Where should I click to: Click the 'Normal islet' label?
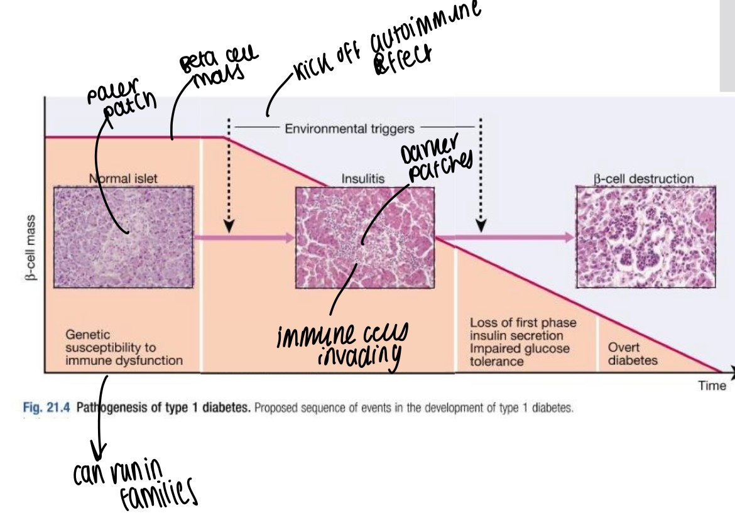click(124, 178)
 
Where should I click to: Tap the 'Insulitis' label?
click(363, 178)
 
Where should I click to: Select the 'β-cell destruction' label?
click(644, 178)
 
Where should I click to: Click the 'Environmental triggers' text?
click(350, 129)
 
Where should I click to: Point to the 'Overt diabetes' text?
click(632, 354)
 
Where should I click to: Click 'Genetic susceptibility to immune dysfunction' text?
click(124, 348)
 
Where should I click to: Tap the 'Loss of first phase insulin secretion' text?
click(523, 329)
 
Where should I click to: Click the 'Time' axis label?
click(712, 386)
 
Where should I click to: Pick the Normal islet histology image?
click(123, 237)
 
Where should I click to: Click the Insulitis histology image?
click(364, 237)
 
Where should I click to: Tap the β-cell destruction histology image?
click(646, 237)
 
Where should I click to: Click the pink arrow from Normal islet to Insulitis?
click(244, 237)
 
